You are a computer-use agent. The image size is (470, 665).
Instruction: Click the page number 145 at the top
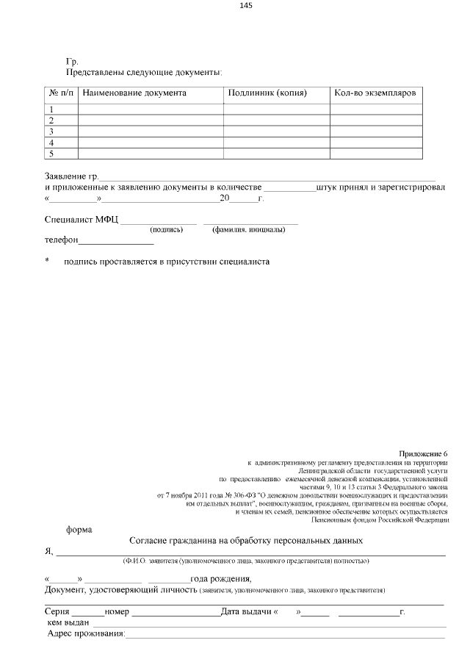coord(246,6)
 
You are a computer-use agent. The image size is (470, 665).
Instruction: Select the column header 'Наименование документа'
coord(134,93)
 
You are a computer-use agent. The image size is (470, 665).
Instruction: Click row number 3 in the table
coord(51,132)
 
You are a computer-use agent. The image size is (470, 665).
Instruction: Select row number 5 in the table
coord(51,154)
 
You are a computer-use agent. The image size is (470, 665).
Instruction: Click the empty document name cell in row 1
coord(151,109)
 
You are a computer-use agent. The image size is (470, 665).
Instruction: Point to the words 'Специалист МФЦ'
coord(81,219)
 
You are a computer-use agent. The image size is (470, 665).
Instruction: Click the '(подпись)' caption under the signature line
coord(166,230)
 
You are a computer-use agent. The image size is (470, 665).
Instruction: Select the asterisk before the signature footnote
coord(48,261)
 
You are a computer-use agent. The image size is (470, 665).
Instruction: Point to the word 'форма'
coord(79,528)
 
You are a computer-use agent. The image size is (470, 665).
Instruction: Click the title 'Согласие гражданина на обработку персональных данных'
coord(246,541)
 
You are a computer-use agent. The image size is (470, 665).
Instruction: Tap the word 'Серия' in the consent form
coord(57,612)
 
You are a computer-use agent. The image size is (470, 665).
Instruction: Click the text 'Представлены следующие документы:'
coord(144,73)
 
